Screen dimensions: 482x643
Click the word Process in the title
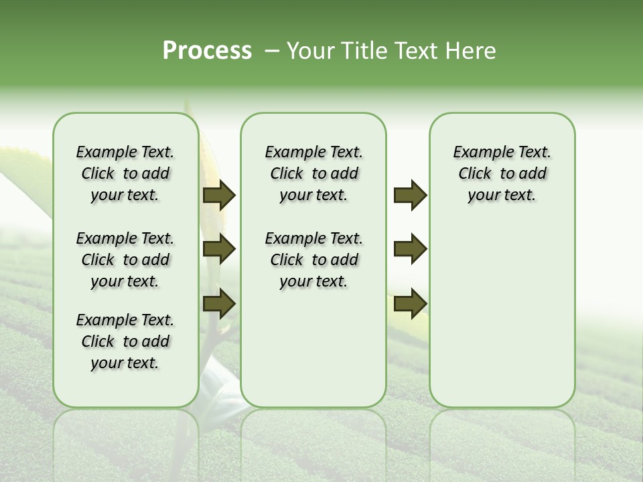[x=207, y=51]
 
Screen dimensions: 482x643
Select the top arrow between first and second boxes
[x=219, y=195]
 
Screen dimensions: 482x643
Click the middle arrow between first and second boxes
[x=219, y=250]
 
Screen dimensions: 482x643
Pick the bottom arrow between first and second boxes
[x=219, y=303]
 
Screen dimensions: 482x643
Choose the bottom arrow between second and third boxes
[x=410, y=303]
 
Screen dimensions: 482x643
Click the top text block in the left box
[x=125, y=173]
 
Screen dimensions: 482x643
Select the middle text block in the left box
[x=125, y=260]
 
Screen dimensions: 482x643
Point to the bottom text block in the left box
[x=125, y=341]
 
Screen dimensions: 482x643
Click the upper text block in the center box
[x=313, y=173]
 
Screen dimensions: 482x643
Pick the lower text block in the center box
[x=313, y=260]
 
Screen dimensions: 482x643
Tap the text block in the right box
[x=502, y=173]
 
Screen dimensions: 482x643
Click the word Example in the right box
[x=478, y=153]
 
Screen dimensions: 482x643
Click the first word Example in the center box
[x=290, y=153]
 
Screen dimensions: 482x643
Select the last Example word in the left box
[x=101, y=321]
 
